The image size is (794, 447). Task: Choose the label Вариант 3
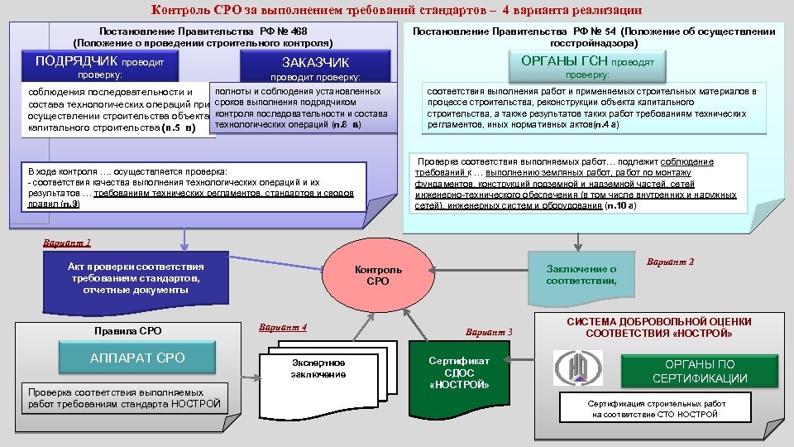pyautogui.click(x=489, y=332)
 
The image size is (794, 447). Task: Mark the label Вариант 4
pyautogui.click(x=283, y=327)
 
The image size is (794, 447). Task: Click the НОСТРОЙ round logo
pyautogui.click(x=572, y=367)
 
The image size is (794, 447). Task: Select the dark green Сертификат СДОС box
pyautogui.click(x=459, y=373)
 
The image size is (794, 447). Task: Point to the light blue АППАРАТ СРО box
pyautogui.click(x=137, y=358)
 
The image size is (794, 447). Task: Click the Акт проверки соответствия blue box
pyautogui.click(x=136, y=278)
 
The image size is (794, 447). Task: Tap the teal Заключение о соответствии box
pyautogui.click(x=581, y=275)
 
